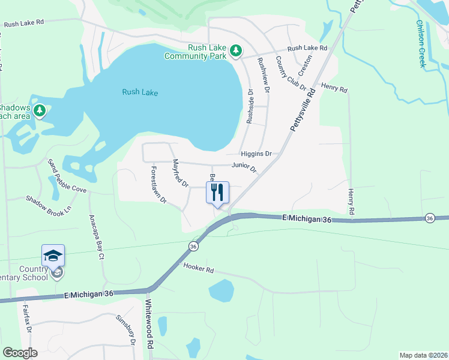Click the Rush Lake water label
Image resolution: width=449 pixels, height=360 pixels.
tap(139, 92)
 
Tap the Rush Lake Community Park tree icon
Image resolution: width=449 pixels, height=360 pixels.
tap(236, 50)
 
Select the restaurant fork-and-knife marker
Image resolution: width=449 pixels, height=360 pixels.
tap(217, 192)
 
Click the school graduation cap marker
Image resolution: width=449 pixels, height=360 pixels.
tap(53, 256)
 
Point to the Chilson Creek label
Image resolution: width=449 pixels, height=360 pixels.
tap(420, 44)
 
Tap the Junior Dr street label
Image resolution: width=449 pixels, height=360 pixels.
tap(244, 167)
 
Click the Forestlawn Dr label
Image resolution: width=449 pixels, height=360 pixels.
tap(158, 185)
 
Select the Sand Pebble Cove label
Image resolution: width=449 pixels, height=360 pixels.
tap(67, 180)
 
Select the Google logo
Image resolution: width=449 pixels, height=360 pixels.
tap(20, 352)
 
